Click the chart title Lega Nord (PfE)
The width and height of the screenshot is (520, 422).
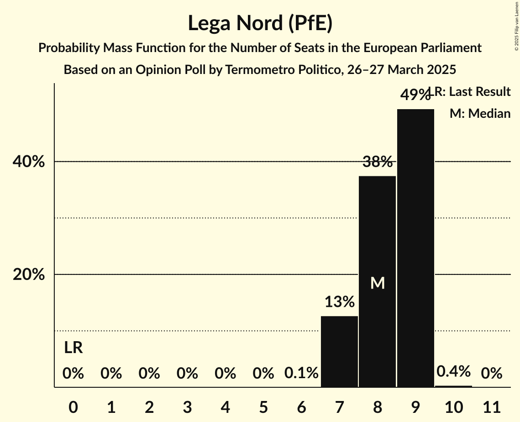point(260,23)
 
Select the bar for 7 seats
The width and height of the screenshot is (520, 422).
point(339,351)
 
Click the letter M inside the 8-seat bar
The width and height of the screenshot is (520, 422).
point(378,283)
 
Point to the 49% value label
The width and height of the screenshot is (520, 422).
point(415,95)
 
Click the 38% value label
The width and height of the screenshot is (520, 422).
point(378,162)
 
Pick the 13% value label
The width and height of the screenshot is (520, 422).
point(340,301)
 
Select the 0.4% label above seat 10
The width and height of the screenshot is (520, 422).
point(453,371)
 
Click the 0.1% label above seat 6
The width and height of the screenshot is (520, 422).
point(301,373)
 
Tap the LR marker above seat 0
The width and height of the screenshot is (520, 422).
point(73,348)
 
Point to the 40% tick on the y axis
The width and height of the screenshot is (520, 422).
point(32,162)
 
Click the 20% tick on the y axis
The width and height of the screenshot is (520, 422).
point(32,274)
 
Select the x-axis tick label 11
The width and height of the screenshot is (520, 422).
point(491,406)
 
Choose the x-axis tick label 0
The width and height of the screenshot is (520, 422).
point(73,406)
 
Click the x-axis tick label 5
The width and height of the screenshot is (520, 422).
point(263,406)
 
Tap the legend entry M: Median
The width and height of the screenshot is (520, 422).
point(480,113)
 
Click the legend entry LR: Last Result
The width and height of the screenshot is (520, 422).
point(473,92)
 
